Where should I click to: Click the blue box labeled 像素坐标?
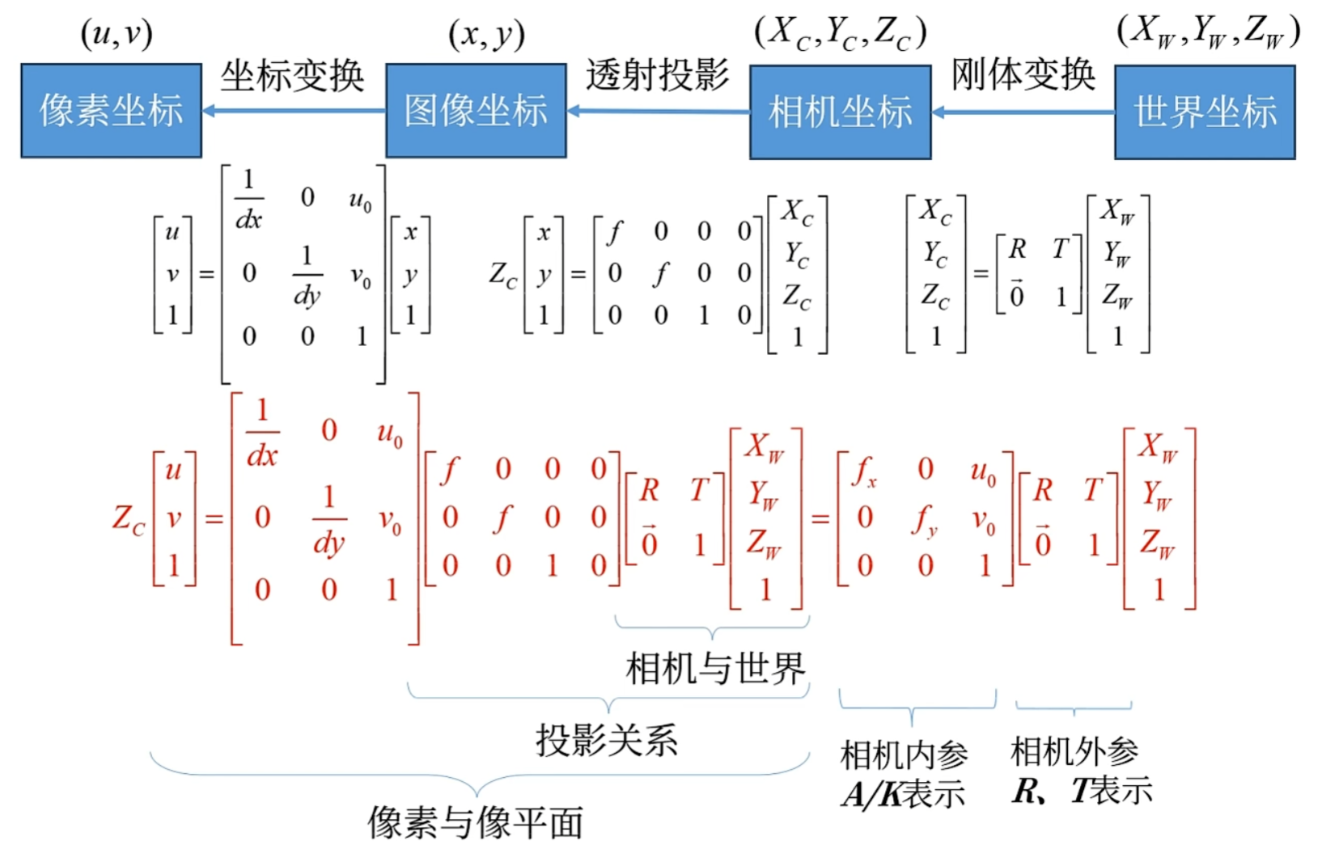tap(112, 111)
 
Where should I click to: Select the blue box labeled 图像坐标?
tap(476, 111)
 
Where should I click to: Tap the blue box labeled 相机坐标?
tap(840, 112)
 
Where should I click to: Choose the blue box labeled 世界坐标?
tap(1205, 112)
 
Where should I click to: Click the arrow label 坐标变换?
tap(293, 76)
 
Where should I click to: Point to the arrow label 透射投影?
tap(658, 75)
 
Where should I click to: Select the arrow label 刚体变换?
tap(1023, 75)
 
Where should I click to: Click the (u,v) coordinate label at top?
tap(117, 34)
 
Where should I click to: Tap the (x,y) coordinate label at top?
tap(486, 34)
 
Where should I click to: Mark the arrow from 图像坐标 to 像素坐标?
tap(293, 111)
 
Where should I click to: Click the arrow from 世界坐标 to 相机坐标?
tap(1023, 112)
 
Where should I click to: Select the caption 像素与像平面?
tap(476, 823)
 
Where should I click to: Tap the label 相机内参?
tap(904, 755)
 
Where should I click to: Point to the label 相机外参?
tap(1074, 752)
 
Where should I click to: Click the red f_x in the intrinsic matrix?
tap(865, 471)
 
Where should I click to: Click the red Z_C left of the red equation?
tap(128, 519)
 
